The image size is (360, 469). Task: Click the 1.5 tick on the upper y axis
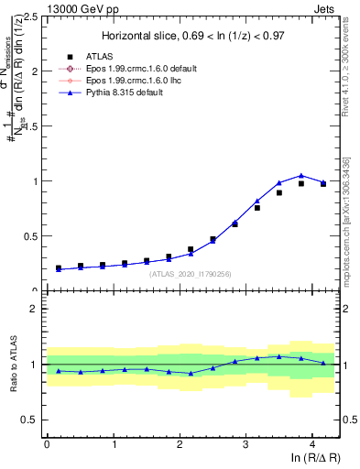30,126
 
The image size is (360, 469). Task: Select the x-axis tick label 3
245,444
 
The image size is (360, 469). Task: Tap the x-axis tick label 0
47,444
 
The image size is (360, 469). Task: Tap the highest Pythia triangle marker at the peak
300,175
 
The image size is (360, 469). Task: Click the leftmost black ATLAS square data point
58,268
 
